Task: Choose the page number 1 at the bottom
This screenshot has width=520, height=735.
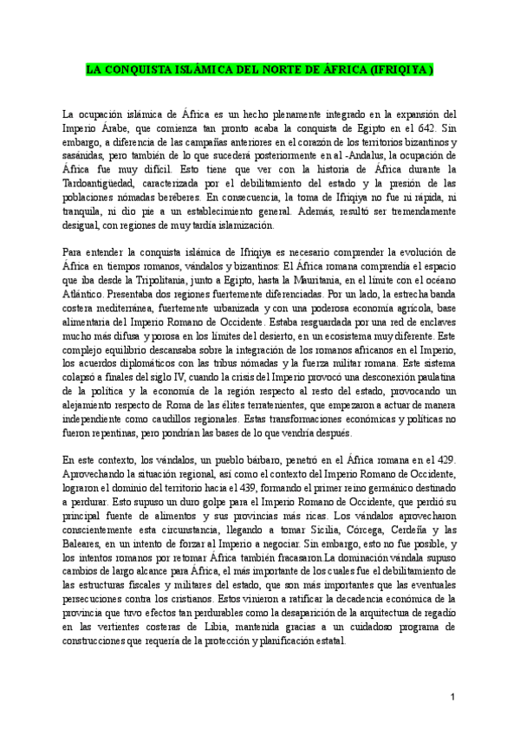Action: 452,697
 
